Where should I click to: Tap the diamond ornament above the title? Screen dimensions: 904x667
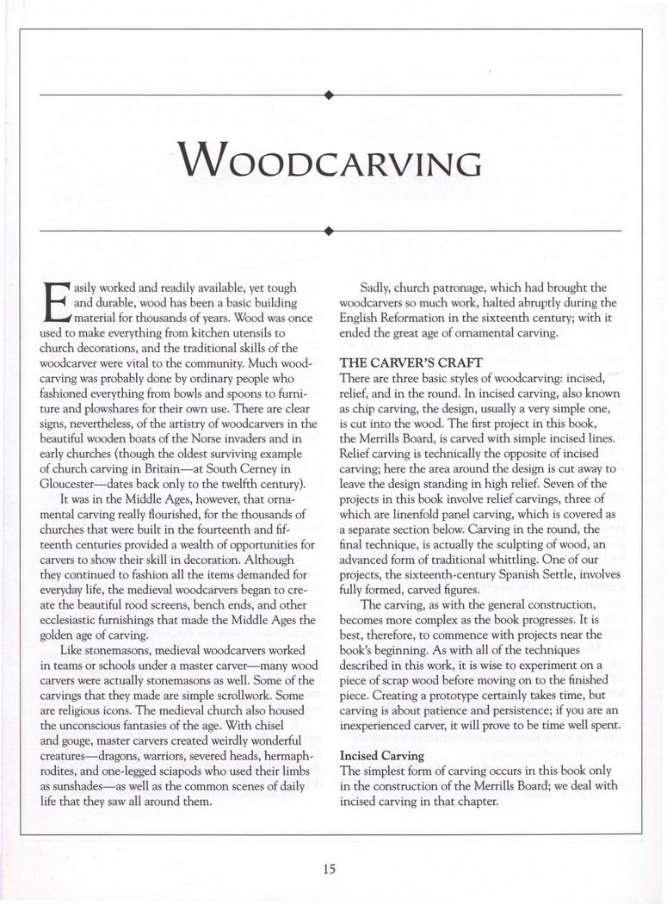[x=329, y=93]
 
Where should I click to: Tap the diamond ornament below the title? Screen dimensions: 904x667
[x=329, y=231]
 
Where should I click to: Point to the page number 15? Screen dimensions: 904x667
[x=329, y=869]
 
